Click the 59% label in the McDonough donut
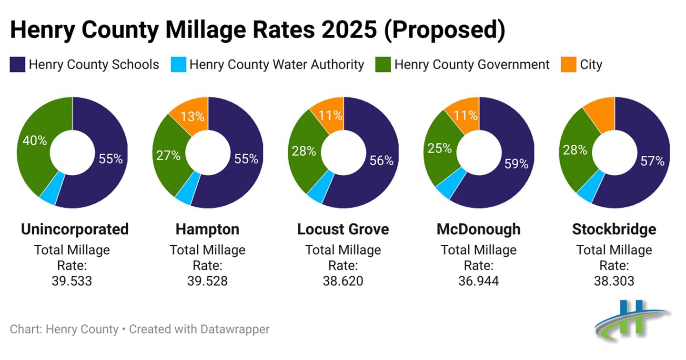516,164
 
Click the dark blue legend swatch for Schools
17,65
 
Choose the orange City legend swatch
569,65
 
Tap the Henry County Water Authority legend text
276,65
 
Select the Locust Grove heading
343,229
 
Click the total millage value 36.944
478,281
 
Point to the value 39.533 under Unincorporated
72,281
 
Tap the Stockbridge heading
614,229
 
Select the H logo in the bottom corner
632,319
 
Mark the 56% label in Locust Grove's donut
381,161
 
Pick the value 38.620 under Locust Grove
343,281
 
